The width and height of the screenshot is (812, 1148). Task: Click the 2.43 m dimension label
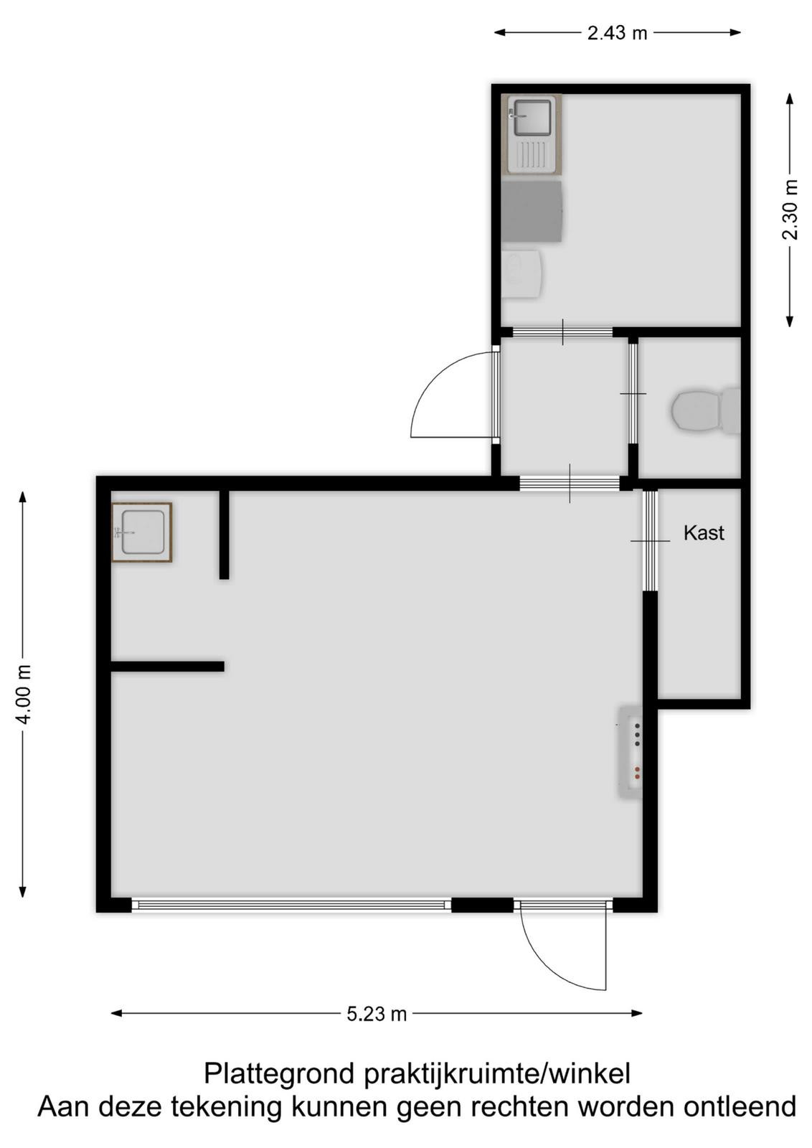tap(617, 33)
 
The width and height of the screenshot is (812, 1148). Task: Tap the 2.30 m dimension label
tap(790, 210)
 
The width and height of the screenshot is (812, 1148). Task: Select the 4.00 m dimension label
tap(24, 694)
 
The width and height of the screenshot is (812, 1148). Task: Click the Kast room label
tap(704, 534)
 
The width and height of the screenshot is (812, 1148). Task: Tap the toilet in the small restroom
tap(705, 410)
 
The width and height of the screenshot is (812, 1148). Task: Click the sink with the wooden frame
tap(142, 532)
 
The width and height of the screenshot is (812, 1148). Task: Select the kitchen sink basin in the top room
tap(532, 118)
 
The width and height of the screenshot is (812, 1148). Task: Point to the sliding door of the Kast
tap(650, 541)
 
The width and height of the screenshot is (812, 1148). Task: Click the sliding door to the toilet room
tap(633, 394)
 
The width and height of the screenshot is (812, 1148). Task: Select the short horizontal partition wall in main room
tap(168, 667)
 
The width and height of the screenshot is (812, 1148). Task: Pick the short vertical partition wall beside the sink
tap(224, 535)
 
